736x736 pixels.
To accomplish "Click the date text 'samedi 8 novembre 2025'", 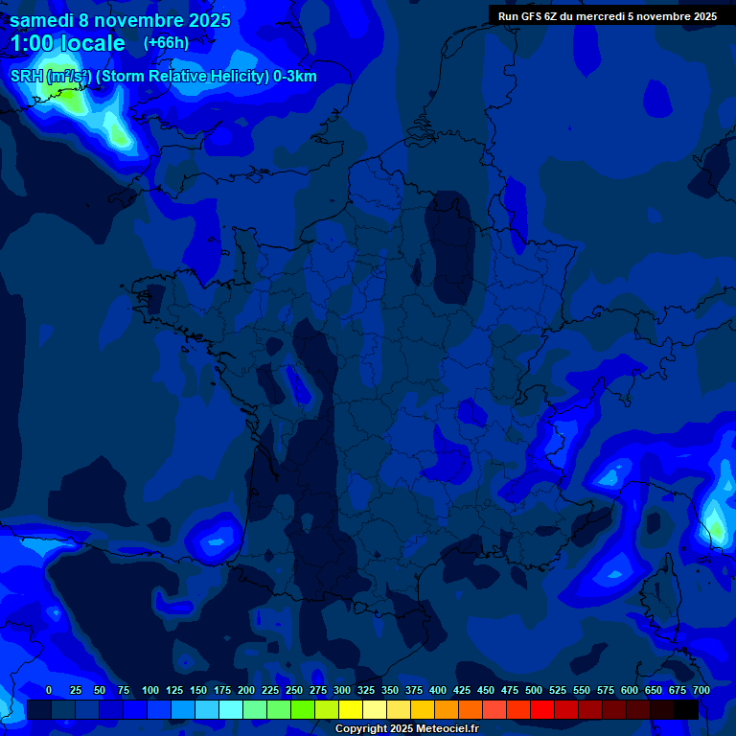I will pos(120,20).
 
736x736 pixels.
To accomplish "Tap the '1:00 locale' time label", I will pos(68,43).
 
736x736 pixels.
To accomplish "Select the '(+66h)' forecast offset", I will pos(166,43).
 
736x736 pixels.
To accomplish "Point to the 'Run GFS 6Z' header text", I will pos(528,16).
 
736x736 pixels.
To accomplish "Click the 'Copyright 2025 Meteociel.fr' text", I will pos(406,729).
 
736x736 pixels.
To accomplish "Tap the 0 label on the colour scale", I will pos(49,690).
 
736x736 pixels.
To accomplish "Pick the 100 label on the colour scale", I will pos(150,690).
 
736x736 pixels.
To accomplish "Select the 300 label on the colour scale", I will pos(342,690).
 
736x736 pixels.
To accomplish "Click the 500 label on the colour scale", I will pos(534,690).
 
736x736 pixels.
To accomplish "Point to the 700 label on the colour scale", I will pos(701,690).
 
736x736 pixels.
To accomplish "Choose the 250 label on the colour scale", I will pos(294,690).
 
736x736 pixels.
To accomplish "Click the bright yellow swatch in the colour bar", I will pos(351,709).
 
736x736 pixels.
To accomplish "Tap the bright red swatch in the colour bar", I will pos(542,709).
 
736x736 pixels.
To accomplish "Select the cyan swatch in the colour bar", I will pos(231,709).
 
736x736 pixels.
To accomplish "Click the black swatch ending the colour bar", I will pos(686,709).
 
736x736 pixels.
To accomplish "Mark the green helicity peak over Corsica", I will pos(715,527).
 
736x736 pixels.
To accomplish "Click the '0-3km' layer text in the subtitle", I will pos(295,77).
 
